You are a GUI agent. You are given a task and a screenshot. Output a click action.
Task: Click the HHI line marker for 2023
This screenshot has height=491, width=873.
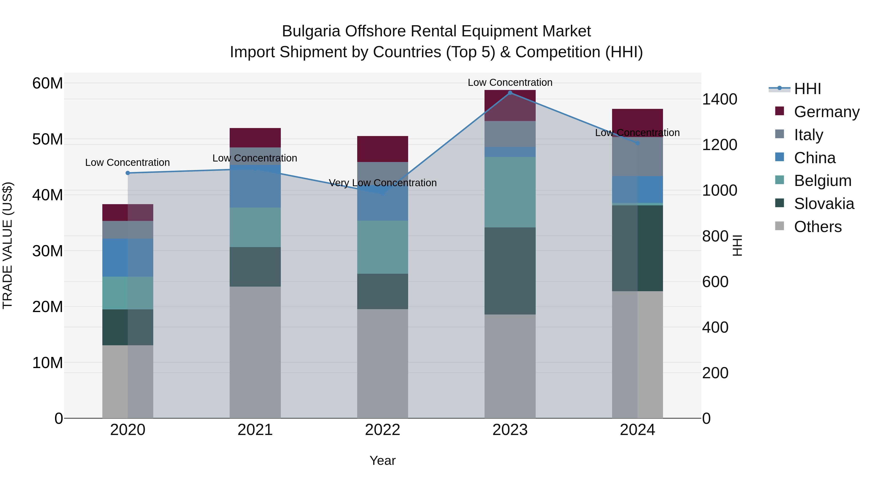point(510,93)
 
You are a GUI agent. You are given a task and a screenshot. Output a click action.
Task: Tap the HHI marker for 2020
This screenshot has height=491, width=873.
point(128,173)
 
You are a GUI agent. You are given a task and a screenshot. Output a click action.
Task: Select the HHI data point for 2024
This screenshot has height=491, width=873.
point(638,143)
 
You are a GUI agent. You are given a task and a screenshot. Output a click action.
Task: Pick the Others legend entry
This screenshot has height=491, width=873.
point(817,227)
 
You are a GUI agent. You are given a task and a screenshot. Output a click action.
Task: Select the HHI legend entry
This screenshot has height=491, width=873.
point(807,89)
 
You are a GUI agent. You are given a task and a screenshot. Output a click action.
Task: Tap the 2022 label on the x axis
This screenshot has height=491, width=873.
point(383,430)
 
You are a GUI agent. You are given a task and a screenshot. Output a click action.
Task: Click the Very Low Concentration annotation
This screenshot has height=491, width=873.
point(383,183)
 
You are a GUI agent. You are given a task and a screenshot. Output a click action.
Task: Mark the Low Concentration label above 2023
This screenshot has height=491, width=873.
point(510,83)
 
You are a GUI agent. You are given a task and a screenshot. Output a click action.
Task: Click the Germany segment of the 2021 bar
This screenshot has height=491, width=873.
point(255,137)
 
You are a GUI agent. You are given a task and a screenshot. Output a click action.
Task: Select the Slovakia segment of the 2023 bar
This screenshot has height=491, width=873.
point(510,271)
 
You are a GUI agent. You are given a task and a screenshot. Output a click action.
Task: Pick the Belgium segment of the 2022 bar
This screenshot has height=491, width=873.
point(383,247)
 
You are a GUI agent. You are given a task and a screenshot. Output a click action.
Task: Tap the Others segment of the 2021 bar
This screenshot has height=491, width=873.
point(255,352)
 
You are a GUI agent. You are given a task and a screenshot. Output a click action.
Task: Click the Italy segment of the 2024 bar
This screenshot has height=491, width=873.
point(638,157)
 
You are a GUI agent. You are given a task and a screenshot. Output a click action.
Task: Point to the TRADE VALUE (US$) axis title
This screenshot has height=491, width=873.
point(8,245)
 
